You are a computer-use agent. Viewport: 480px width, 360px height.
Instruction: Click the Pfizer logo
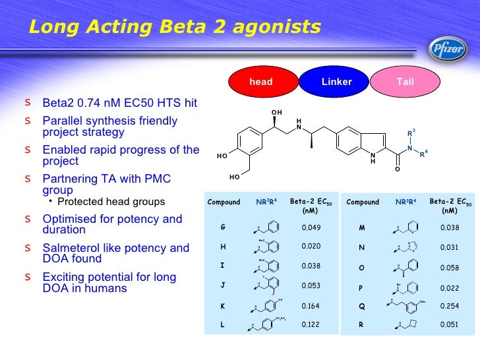[x=448, y=47]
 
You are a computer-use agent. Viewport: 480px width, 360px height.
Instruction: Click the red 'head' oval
[x=261, y=82]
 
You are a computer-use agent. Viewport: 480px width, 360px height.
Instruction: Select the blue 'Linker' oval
[x=336, y=82]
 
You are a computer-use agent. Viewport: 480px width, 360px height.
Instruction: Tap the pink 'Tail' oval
[x=405, y=82]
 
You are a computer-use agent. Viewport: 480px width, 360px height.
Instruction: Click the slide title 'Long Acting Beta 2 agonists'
[x=175, y=27]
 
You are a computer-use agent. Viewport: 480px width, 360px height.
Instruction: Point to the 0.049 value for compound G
[x=310, y=227]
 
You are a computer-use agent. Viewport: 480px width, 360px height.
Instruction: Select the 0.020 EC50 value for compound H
[x=310, y=247]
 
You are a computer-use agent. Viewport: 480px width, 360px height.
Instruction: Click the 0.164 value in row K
[x=310, y=306]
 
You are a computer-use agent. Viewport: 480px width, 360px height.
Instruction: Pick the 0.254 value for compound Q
[x=449, y=306]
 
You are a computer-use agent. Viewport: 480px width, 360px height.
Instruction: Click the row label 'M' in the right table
[x=361, y=227]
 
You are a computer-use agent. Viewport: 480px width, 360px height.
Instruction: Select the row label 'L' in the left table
[x=223, y=325]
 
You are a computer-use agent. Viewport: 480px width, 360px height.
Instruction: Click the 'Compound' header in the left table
[x=224, y=202]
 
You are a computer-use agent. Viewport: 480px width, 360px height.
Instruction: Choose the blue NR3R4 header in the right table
[x=405, y=202]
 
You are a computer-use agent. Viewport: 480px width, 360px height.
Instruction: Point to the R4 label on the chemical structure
[x=424, y=154]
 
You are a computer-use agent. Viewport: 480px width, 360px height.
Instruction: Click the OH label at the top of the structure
[x=277, y=113]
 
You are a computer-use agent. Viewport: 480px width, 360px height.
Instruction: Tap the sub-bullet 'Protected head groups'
[x=111, y=201]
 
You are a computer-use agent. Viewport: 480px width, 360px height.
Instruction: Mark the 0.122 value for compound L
[x=310, y=325]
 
